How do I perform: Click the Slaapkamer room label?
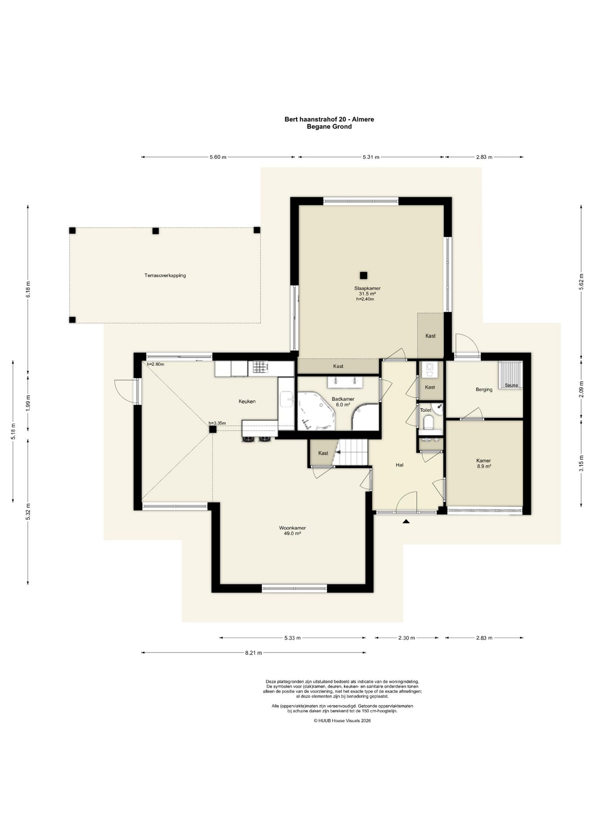(367, 288)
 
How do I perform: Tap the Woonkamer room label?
(292, 528)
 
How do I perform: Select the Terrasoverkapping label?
(165, 276)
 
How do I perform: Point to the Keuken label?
(247, 401)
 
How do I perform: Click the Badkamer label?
(343, 399)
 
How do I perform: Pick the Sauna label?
(511, 385)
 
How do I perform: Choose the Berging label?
(484, 389)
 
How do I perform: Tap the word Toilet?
(426, 410)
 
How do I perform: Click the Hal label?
(399, 465)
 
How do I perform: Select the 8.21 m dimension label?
(253, 653)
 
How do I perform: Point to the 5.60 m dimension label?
(218, 157)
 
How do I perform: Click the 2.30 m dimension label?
(406, 638)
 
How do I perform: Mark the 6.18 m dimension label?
(28, 289)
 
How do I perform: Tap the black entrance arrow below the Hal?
(406, 521)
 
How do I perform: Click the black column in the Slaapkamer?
(363, 275)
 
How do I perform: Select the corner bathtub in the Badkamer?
(316, 411)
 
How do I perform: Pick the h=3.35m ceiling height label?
(217, 423)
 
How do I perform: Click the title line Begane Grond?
(329, 127)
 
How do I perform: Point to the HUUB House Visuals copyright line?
(342, 721)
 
